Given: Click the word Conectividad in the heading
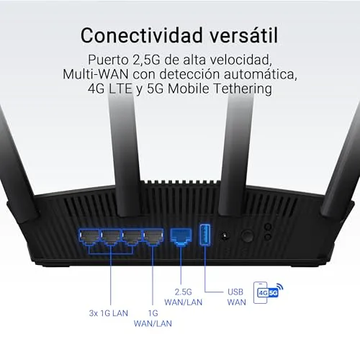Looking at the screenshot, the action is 142,35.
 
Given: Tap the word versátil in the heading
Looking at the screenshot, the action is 244,35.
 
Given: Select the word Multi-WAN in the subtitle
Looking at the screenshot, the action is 96,74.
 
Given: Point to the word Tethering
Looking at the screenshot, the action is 243,89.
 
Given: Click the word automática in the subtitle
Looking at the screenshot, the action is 261,74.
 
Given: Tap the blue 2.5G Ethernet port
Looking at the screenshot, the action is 181,237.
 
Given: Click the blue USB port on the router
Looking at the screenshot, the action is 205,235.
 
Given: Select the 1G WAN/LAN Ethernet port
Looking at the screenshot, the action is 153,237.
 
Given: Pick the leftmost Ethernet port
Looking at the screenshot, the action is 89,237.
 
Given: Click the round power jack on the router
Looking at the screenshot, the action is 225,236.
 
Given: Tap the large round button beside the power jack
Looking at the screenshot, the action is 247,236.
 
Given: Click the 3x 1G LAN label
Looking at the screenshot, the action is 109,313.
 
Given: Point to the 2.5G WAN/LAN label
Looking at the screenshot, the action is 184,297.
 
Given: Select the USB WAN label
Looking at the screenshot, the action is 236,297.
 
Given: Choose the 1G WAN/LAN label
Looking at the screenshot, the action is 153,318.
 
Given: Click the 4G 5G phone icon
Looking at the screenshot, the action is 268,292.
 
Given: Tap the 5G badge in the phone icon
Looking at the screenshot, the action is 274,293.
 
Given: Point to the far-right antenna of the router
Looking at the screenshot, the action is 342,163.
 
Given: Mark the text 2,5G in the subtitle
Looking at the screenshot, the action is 146,60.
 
